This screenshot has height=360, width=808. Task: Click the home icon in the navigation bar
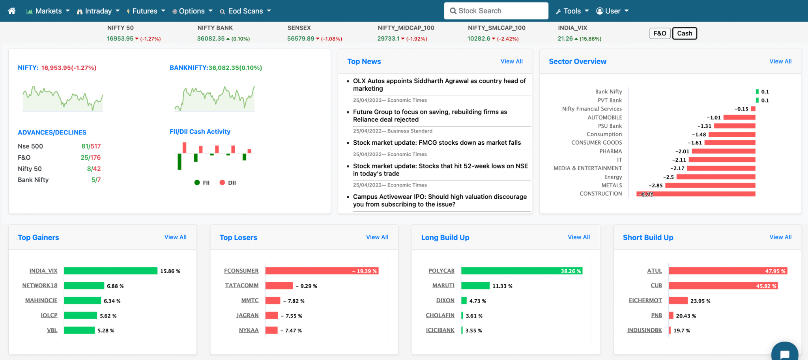11,11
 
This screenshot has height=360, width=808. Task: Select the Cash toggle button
685,34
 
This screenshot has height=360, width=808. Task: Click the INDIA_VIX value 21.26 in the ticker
565,39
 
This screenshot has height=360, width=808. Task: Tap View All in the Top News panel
511,62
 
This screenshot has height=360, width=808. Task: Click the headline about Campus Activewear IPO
440,200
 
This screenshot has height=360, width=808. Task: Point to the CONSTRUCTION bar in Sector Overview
696,194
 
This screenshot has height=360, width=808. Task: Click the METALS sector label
612,185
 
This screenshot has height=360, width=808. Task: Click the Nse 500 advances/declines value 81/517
91,146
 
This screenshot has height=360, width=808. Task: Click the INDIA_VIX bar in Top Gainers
110,271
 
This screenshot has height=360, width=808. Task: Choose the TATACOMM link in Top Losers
241,285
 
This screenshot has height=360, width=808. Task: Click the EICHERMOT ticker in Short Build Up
645,300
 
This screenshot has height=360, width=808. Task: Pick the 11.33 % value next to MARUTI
502,286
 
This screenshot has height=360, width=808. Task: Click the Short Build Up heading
648,237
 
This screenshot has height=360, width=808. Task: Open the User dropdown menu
612,11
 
